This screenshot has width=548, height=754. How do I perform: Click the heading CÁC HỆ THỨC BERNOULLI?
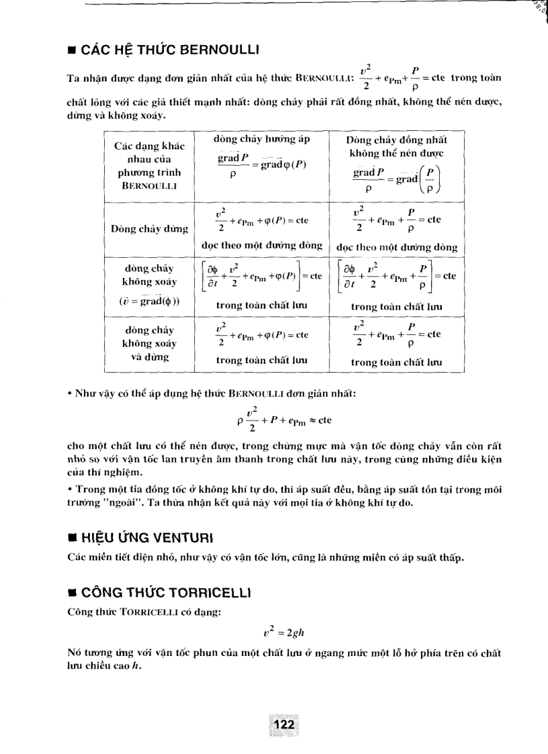point(169,50)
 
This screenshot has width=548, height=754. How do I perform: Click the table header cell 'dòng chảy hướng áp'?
point(261,140)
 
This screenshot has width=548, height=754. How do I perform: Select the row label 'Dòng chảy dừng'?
point(149,230)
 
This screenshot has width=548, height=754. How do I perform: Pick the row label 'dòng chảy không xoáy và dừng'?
point(149,343)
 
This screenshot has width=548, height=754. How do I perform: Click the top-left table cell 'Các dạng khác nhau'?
point(149,152)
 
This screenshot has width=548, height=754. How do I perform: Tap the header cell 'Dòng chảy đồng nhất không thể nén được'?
point(396,147)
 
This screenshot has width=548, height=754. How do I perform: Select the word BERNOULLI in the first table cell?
point(149,185)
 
